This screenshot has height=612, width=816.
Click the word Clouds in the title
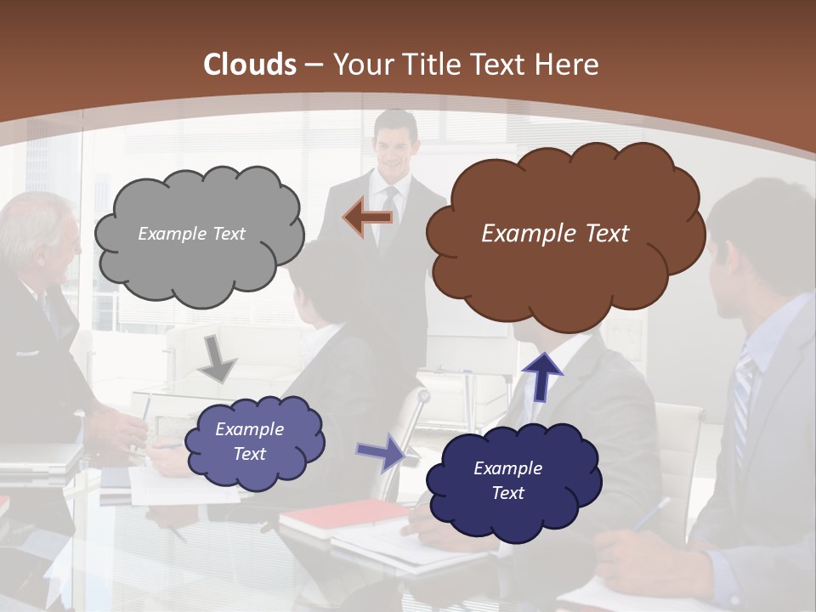coord(251,65)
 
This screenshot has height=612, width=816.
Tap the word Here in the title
coord(569,65)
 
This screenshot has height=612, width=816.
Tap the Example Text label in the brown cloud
coord(555,233)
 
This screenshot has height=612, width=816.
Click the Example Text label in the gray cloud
coord(191,234)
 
